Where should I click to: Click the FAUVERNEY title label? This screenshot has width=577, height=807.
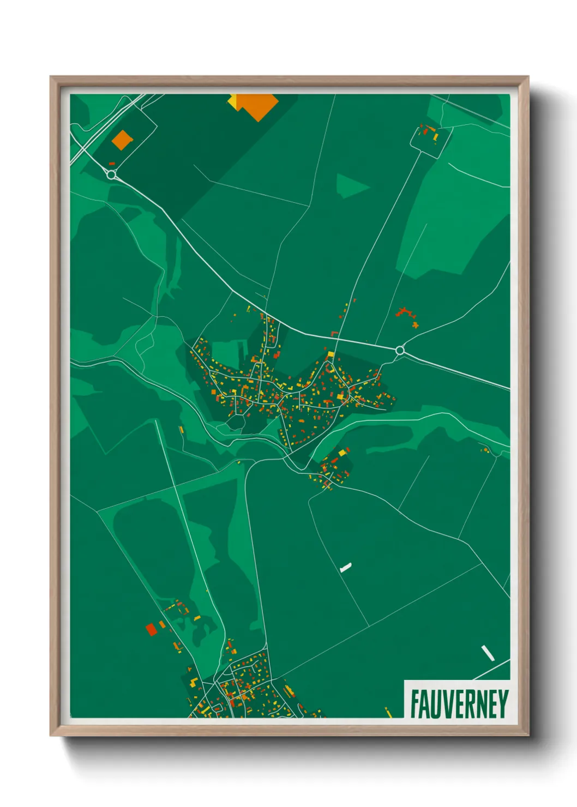[459, 704]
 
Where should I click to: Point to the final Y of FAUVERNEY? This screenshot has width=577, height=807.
[503, 704]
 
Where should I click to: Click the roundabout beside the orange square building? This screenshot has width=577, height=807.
[112, 174]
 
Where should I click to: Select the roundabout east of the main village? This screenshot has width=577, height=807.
[400, 350]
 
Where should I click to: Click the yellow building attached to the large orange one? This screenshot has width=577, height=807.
[232, 101]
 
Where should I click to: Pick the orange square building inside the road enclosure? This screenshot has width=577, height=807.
[123, 139]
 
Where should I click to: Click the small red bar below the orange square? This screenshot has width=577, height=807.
[112, 163]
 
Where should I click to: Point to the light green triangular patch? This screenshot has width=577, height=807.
[349, 185]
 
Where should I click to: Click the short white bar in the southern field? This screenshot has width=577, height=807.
[345, 568]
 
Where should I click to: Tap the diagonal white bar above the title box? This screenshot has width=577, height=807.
[488, 653]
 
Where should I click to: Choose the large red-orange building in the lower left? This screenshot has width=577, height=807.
[151, 629]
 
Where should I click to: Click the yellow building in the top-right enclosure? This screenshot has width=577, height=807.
[435, 136]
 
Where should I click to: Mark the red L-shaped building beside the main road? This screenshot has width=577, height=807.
[334, 334]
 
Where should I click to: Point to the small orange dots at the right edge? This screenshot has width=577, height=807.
[485, 449]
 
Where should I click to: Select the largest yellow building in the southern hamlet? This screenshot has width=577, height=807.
[343, 452]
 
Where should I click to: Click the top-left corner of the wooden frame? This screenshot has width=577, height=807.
[51, 77]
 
